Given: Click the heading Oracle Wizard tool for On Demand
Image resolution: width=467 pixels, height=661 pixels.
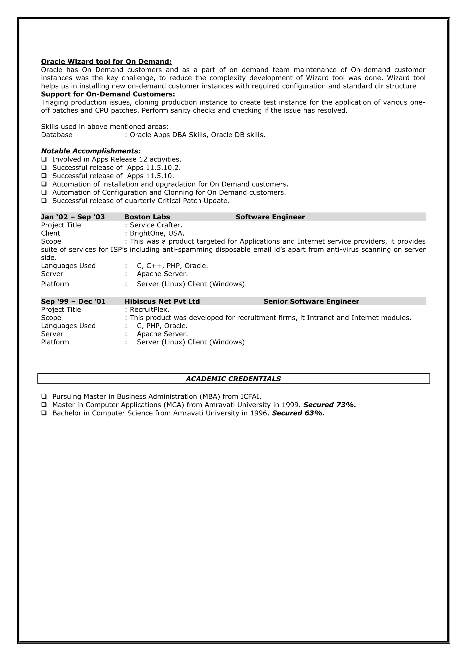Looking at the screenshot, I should coord(106,62).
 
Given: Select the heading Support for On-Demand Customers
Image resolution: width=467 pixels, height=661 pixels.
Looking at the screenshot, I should coord(108,94).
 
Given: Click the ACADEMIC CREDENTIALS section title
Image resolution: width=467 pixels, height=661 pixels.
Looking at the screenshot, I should coord(233,379).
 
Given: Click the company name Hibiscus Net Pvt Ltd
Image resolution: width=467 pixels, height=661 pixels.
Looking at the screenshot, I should coord(162,302).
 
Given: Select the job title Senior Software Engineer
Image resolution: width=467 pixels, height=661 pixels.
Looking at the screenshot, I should coord(311,302).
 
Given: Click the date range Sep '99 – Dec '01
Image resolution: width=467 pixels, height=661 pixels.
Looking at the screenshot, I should coord(73,302).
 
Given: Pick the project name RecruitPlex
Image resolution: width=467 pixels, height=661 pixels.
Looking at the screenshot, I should coord(149,310).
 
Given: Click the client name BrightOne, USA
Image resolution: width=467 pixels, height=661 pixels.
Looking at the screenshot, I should coord(157,233).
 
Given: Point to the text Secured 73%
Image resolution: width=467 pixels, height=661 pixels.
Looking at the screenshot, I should coord(329,405).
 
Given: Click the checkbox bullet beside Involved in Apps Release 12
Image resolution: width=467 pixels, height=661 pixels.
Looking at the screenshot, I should coord(44,159).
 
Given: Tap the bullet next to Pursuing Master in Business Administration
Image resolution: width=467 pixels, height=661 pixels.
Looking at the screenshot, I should coord(44,396).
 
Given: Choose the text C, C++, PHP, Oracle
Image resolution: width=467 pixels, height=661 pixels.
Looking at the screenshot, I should coord(172,266).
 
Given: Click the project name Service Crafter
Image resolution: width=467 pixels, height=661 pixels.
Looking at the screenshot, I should coord(156,225).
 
